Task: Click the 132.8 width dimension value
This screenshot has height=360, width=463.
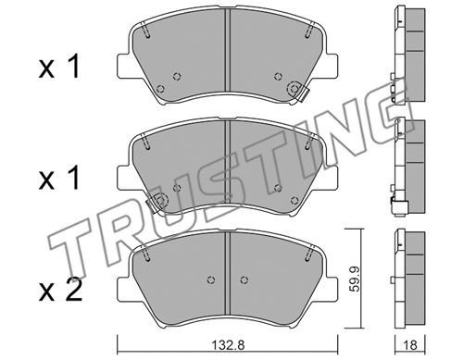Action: (229, 344)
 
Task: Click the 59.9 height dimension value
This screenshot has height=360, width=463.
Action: (356, 279)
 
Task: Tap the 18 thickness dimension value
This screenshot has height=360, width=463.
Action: (410, 345)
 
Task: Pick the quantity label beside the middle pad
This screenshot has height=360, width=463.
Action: (59, 178)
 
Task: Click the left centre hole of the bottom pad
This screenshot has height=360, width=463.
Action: (211, 279)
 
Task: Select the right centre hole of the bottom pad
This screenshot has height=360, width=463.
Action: (244, 279)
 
